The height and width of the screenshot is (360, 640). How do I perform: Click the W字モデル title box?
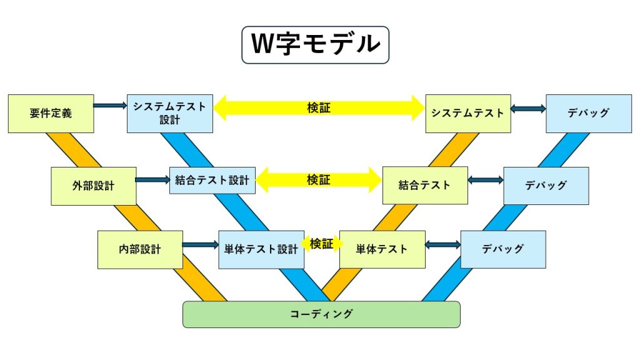click(315, 45)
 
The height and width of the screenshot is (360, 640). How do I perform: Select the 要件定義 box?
click(51, 114)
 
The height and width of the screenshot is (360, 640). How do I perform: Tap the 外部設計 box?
click(94, 186)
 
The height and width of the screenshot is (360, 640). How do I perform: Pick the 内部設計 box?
click(140, 249)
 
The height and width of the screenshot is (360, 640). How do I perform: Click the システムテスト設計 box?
click(170, 114)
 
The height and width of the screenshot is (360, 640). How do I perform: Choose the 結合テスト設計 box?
click(212, 180)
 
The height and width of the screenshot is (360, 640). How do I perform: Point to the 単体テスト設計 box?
click(261, 249)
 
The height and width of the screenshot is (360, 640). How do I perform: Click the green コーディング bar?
click(321, 314)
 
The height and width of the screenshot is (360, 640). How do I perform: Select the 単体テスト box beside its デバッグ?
click(382, 249)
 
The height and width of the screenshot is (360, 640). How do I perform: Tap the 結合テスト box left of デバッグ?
click(425, 185)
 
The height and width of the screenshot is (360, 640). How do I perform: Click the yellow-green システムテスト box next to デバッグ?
click(468, 114)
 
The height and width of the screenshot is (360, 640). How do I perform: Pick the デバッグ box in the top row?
click(589, 114)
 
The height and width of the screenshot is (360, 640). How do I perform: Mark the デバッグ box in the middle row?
click(546, 186)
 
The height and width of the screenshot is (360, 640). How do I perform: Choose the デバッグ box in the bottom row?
click(503, 249)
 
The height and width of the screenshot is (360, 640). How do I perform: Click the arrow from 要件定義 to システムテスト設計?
click(110, 106)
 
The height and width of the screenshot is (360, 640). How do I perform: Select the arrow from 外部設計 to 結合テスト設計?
click(152, 179)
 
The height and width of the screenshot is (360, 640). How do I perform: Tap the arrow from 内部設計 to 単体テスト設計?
click(201, 245)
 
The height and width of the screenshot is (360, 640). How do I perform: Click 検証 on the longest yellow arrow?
click(319, 107)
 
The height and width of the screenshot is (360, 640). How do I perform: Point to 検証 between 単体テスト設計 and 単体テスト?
click(322, 244)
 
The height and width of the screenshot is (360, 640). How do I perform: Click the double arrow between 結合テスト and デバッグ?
click(486, 180)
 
